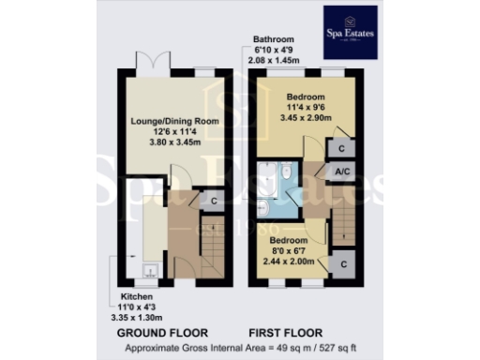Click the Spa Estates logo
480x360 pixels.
click(x=350, y=33)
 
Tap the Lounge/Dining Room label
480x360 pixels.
click(x=168, y=121)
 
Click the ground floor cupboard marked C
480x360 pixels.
click(x=214, y=201)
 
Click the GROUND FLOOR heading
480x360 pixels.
click(x=157, y=333)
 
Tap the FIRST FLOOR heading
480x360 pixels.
click(x=286, y=333)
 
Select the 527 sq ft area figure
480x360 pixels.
click(x=361, y=349)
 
